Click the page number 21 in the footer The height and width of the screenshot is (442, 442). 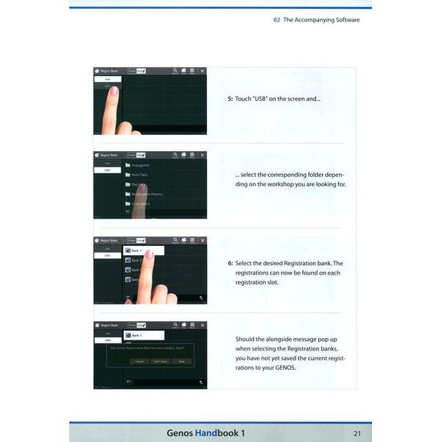click(357, 432)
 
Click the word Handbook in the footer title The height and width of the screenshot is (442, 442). click(221, 432)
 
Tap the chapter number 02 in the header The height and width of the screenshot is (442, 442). click(276, 20)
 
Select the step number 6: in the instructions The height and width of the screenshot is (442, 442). click(230, 263)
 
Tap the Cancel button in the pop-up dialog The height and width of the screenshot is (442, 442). click(138, 361)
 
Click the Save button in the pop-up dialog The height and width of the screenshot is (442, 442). click(181, 361)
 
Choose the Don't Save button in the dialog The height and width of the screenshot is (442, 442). click(159, 361)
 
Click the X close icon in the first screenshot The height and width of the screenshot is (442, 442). click(203, 71)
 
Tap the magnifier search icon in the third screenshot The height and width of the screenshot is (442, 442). click(175, 240)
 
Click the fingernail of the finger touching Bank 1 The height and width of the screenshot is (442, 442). click(150, 254)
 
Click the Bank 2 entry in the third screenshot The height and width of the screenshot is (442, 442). click(136, 260)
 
